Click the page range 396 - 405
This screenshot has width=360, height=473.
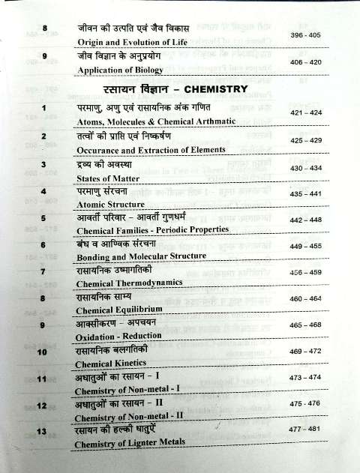coord(307,35)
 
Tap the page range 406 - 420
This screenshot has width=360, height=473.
coord(307,63)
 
